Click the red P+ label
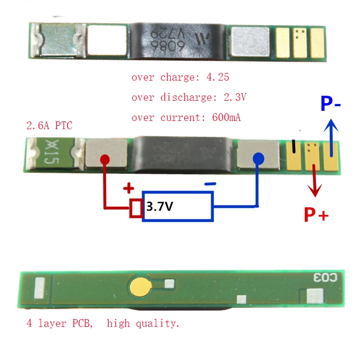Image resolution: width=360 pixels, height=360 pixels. tap(316, 215)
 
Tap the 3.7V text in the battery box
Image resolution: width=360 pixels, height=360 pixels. tap(159, 207)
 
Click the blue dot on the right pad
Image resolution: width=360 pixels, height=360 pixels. tap(258, 158)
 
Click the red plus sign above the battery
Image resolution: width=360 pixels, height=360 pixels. tap(129, 188)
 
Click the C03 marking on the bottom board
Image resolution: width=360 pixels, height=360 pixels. tap(326, 277)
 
